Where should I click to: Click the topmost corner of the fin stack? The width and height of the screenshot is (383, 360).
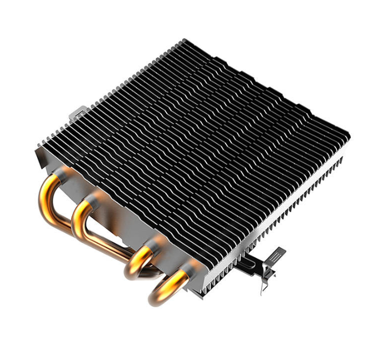pos(185,40)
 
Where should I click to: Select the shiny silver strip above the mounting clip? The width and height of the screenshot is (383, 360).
pos(244,244)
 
